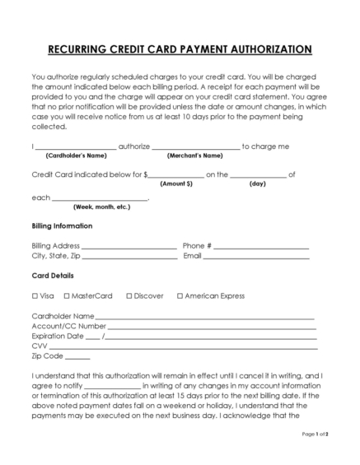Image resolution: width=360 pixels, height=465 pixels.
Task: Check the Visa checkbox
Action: pyautogui.click(x=35, y=295)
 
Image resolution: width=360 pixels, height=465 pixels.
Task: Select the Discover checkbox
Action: pyautogui.click(x=129, y=295)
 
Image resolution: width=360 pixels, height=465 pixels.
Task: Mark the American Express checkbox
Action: pyautogui.click(x=180, y=295)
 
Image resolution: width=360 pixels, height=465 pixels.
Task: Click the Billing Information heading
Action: pyautogui.click(x=62, y=226)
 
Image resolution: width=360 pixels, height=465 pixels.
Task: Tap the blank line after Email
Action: pyautogui.click(x=257, y=258)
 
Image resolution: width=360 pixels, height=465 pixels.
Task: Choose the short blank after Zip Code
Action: pyautogui.click(x=77, y=357)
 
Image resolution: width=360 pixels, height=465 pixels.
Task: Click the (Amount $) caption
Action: pyautogui.click(x=176, y=184)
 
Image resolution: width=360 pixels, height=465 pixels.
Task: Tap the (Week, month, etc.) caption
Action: pyautogui.click(x=101, y=207)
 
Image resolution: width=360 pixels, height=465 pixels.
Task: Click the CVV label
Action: pyautogui.click(x=39, y=346)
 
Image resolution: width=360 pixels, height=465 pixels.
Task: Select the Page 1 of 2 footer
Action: pyautogui.click(x=316, y=456)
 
